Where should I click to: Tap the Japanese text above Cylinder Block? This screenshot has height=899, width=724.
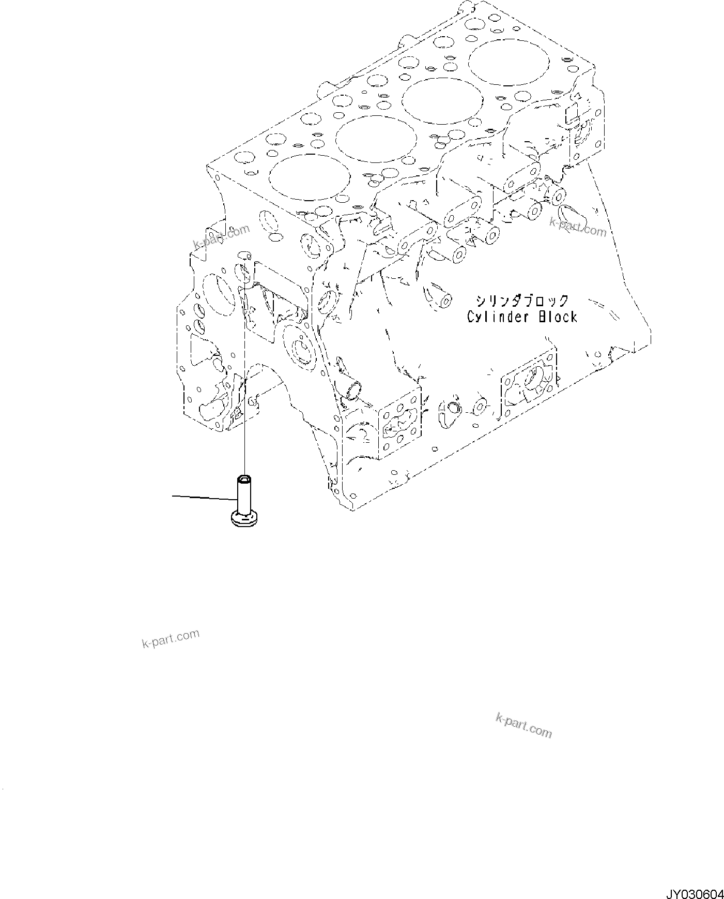tap(522, 301)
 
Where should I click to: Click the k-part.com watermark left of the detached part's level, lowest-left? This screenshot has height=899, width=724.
tap(170, 639)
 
